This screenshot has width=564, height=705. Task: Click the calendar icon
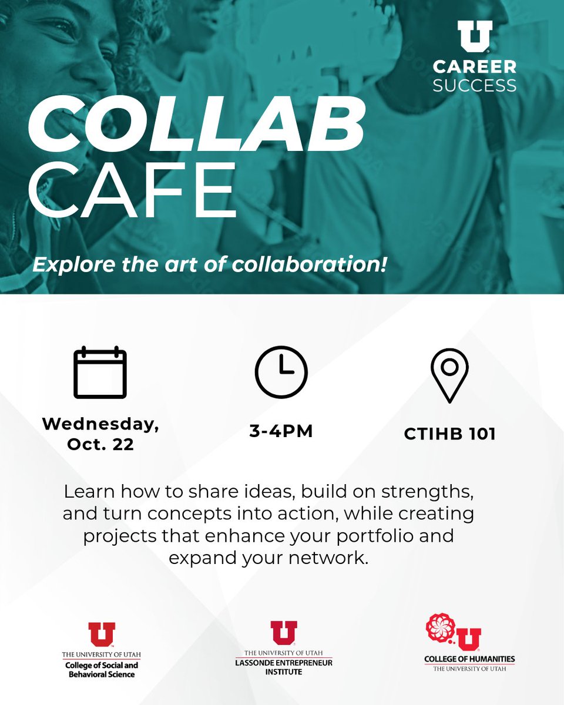(x=100, y=373)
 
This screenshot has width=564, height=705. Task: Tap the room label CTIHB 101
(x=449, y=434)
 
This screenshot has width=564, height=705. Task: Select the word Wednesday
(x=100, y=424)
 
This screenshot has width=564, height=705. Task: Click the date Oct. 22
(x=100, y=444)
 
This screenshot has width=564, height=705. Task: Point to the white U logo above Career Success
(x=475, y=35)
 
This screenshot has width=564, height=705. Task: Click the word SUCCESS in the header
(x=475, y=85)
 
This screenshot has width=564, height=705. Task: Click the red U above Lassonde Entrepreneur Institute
(x=284, y=633)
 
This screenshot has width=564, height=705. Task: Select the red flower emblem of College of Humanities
(x=440, y=628)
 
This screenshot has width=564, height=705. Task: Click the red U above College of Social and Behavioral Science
(x=102, y=635)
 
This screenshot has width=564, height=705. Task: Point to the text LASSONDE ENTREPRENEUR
(x=284, y=663)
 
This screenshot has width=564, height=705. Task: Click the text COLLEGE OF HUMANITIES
(x=469, y=659)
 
